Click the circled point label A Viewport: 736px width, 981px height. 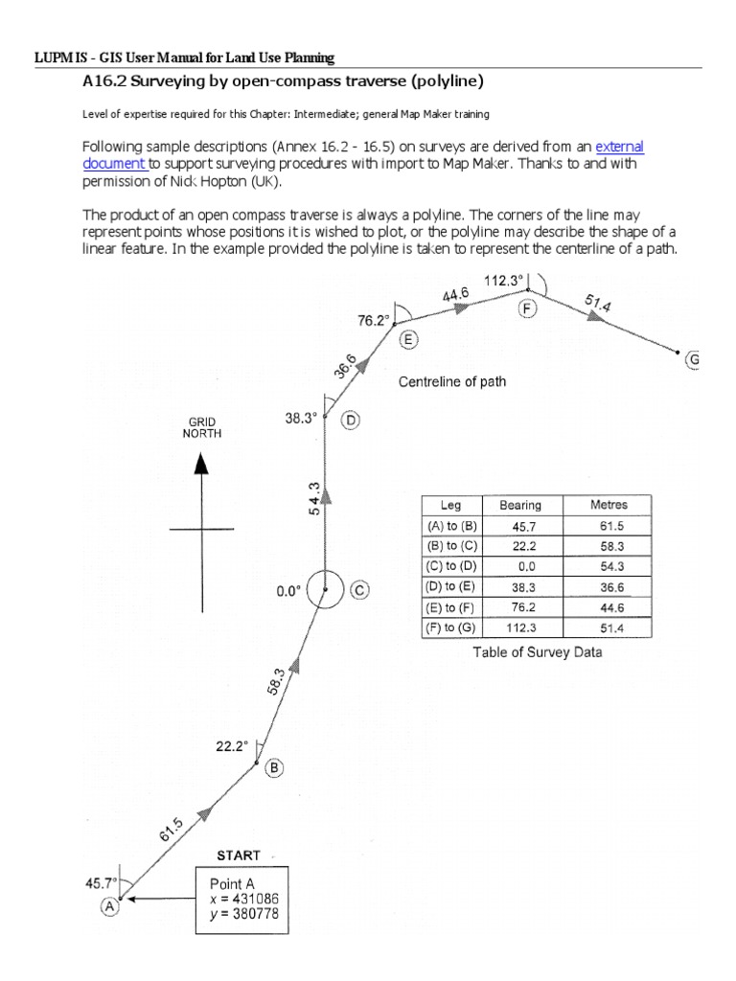tap(110, 905)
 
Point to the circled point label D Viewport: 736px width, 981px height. tap(351, 420)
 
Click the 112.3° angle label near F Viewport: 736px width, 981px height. tap(505, 281)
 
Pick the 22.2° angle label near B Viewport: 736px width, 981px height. tap(232, 743)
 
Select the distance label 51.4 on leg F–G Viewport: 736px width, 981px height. tap(601, 307)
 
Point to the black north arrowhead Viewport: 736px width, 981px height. tap(201, 465)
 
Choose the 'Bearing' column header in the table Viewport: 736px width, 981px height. tap(520, 505)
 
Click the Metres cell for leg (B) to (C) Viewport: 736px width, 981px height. tap(609, 546)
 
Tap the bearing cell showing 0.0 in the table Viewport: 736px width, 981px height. tap(520, 566)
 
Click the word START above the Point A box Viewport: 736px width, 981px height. tap(236, 855)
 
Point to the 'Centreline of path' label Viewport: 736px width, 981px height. tap(452, 381)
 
